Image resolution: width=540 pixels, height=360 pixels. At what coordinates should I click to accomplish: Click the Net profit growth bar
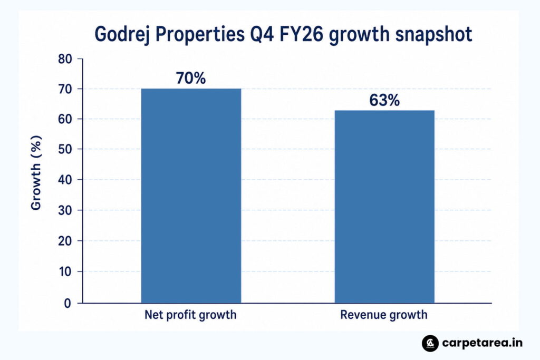[x=191, y=196]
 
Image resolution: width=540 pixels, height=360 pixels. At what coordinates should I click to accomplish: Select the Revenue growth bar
[x=384, y=207]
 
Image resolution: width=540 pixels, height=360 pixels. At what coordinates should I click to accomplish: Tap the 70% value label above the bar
[x=191, y=78]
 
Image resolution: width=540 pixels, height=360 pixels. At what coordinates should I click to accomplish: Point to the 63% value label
[x=384, y=100]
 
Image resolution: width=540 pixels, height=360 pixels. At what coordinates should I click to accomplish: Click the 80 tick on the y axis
[x=65, y=59]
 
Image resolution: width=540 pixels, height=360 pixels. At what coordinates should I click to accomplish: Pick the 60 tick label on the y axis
[x=65, y=119]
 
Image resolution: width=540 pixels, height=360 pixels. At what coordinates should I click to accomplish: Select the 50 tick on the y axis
[x=65, y=149]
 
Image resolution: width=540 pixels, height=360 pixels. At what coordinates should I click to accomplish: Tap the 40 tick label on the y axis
[x=65, y=180]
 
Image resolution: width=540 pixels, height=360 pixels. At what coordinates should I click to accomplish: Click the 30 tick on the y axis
[x=65, y=210]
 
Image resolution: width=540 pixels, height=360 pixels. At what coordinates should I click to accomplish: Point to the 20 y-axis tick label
[x=65, y=241]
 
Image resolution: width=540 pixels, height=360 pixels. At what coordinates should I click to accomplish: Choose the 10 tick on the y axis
[x=65, y=271]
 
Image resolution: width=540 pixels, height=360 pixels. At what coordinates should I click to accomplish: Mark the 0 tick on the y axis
[x=67, y=303]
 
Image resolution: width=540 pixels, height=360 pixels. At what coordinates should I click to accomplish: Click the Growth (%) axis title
[x=36, y=172]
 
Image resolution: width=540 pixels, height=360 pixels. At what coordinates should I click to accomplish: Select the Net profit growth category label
[x=190, y=315]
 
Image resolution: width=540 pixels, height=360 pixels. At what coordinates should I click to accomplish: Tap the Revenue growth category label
[x=384, y=315]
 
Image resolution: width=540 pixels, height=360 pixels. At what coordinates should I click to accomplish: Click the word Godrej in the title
[x=122, y=35]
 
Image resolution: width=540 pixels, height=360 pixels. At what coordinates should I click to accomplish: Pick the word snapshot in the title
[x=433, y=34]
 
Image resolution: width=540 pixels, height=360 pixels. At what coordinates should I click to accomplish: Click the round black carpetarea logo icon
[x=430, y=343]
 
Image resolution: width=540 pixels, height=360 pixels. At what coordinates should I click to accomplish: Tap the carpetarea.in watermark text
[x=482, y=343]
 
